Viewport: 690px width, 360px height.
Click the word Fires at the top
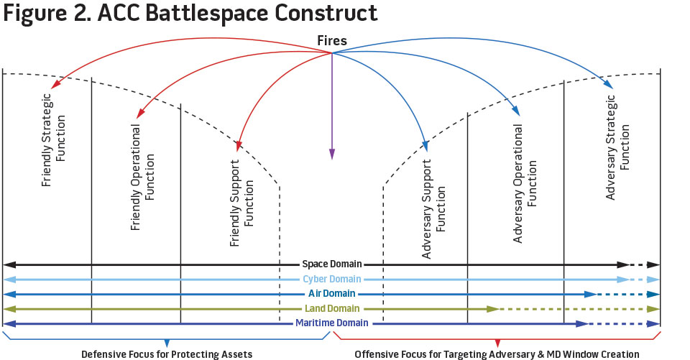point(332,41)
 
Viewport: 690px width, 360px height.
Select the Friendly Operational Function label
point(143,177)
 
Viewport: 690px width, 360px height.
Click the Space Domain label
point(331,264)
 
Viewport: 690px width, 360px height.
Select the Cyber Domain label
point(331,279)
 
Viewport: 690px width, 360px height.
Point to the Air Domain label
point(331,294)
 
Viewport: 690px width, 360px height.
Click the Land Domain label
point(331,308)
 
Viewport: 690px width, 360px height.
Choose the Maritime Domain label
point(331,323)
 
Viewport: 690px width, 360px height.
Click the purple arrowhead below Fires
point(332,154)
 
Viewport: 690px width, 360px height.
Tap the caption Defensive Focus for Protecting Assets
point(167,354)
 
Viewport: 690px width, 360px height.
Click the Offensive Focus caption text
point(497,354)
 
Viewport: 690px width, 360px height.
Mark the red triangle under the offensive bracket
point(497,342)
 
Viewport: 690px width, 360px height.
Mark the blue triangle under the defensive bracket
point(167,342)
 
